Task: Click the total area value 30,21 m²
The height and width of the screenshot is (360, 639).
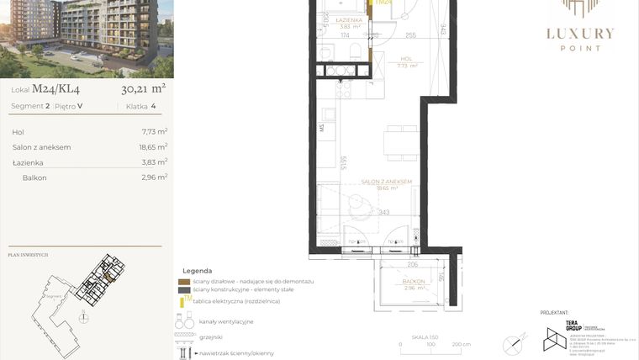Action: tap(143, 87)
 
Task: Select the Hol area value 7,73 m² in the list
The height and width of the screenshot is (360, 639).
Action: tap(155, 132)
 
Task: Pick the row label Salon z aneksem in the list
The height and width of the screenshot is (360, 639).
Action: tap(41, 147)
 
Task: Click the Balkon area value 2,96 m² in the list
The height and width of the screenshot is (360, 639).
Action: tap(155, 177)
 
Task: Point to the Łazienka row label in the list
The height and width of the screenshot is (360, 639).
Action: tap(28, 162)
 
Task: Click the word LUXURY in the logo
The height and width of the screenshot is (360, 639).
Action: tap(581, 34)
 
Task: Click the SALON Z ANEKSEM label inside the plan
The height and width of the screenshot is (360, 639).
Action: tap(386, 182)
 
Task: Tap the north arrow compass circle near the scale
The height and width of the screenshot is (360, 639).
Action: tap(512, 342)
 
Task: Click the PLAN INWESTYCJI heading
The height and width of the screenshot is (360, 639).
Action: tap(28, 254)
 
